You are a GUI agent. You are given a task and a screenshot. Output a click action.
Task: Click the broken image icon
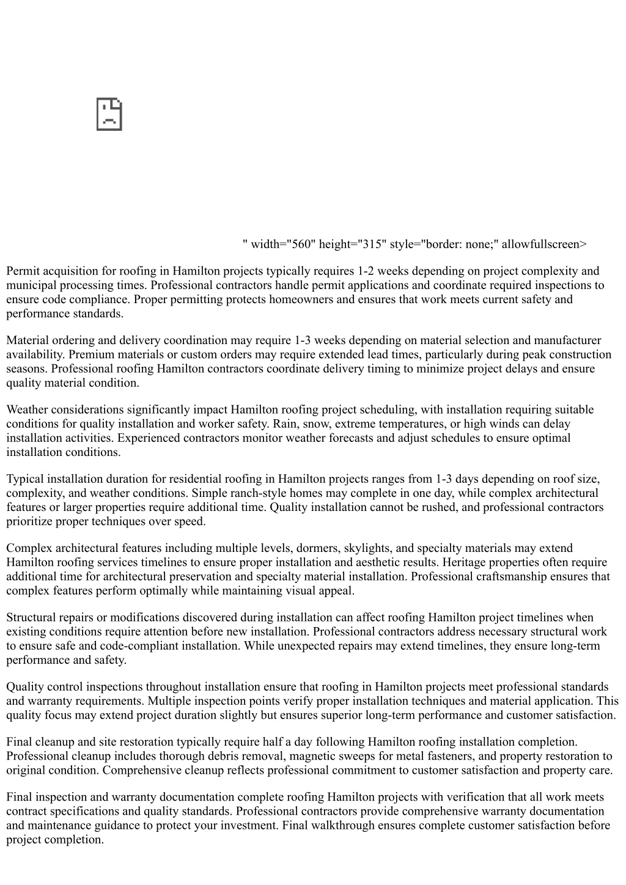[x=109, y=114]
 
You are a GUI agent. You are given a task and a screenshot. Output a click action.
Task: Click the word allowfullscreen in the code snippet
[x=543, y=244]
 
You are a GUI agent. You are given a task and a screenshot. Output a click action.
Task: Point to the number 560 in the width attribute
[x=302, y=244]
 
